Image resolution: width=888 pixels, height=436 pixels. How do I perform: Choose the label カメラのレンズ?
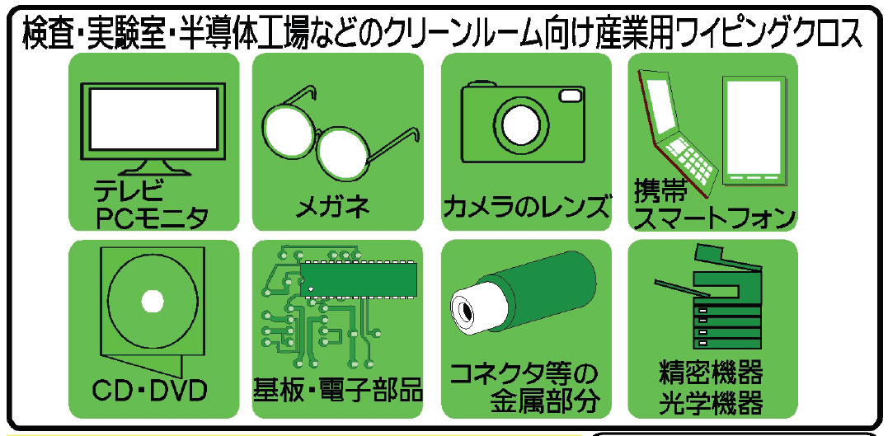(x=527, y=205)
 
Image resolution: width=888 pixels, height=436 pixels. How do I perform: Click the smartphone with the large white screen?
(x=753, y=129)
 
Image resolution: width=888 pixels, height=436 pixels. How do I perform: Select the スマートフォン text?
(x=714, y=218)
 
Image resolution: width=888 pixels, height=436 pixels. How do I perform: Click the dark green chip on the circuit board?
(x=359, y=278)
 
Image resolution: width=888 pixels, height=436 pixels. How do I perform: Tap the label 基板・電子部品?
(x=337, y=387)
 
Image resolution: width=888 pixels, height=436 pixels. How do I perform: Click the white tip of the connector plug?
(x=467, y=311)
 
